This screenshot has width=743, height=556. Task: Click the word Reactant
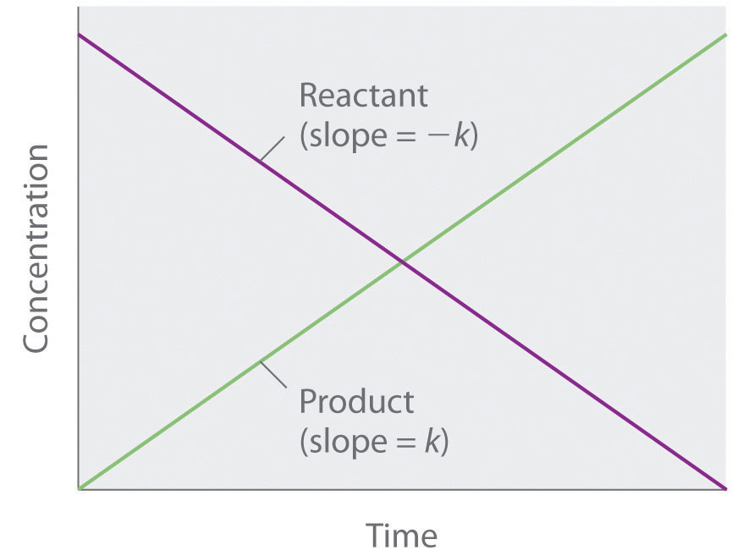coord(364,96)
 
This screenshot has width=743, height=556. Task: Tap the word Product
coord(356,400)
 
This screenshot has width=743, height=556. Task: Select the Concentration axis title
coord(36,248)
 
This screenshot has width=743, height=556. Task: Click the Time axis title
coord(401,536)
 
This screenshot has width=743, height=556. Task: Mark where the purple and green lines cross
coord(403,262)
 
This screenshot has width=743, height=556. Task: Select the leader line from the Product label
coord(272,376)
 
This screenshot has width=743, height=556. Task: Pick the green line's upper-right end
coord(725,36)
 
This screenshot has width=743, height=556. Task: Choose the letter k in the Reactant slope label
coord(462,135)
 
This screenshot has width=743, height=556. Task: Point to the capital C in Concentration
coord(36,336)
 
